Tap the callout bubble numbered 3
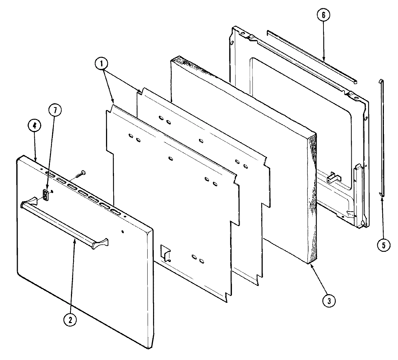click(329, 301)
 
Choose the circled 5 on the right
click(384, 245)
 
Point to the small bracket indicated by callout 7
click(46, 195)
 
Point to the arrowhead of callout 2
click(75, 240)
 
